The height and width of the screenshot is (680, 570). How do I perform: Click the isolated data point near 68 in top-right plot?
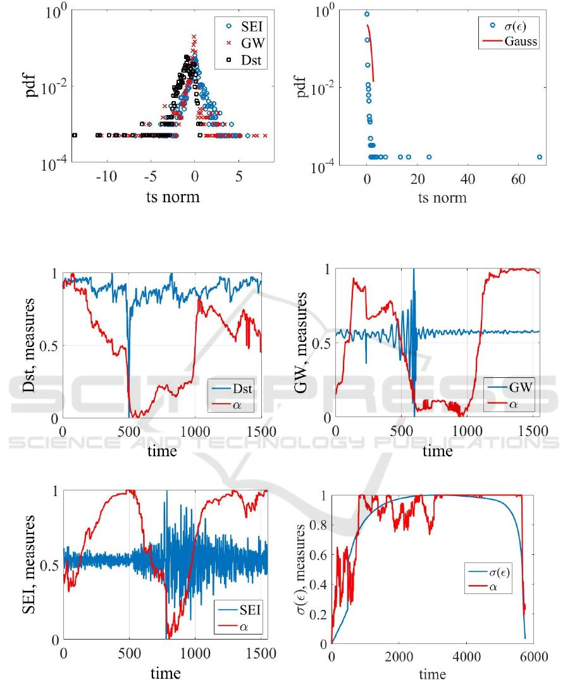(x=540, y=157)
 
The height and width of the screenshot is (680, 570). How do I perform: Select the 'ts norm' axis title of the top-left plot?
(x=173, y=197)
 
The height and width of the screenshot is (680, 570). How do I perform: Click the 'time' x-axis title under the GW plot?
(x=437, y=451)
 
